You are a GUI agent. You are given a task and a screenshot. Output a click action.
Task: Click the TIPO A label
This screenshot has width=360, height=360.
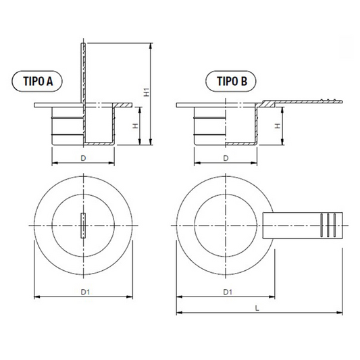pos(38,81)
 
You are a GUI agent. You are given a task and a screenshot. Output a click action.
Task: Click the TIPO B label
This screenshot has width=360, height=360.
pos(232,81)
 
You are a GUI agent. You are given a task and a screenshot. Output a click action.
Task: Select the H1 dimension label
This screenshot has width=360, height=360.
pos(147,92)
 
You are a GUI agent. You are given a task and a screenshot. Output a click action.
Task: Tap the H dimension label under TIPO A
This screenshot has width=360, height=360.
pos(136,126)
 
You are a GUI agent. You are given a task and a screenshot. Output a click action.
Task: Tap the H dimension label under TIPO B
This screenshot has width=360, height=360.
pos(278,126)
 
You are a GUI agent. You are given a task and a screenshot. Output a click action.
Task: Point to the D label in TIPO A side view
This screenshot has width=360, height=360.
pos(83,158)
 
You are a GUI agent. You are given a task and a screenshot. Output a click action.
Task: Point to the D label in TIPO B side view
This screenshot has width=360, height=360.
pos(226,158)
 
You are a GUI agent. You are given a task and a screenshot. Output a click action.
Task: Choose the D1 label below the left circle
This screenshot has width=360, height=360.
pos(85,292)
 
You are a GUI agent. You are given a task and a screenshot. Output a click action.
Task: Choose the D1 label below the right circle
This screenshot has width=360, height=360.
pos(228,292)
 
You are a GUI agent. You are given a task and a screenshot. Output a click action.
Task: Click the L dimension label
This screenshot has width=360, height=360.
pos(257,309)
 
